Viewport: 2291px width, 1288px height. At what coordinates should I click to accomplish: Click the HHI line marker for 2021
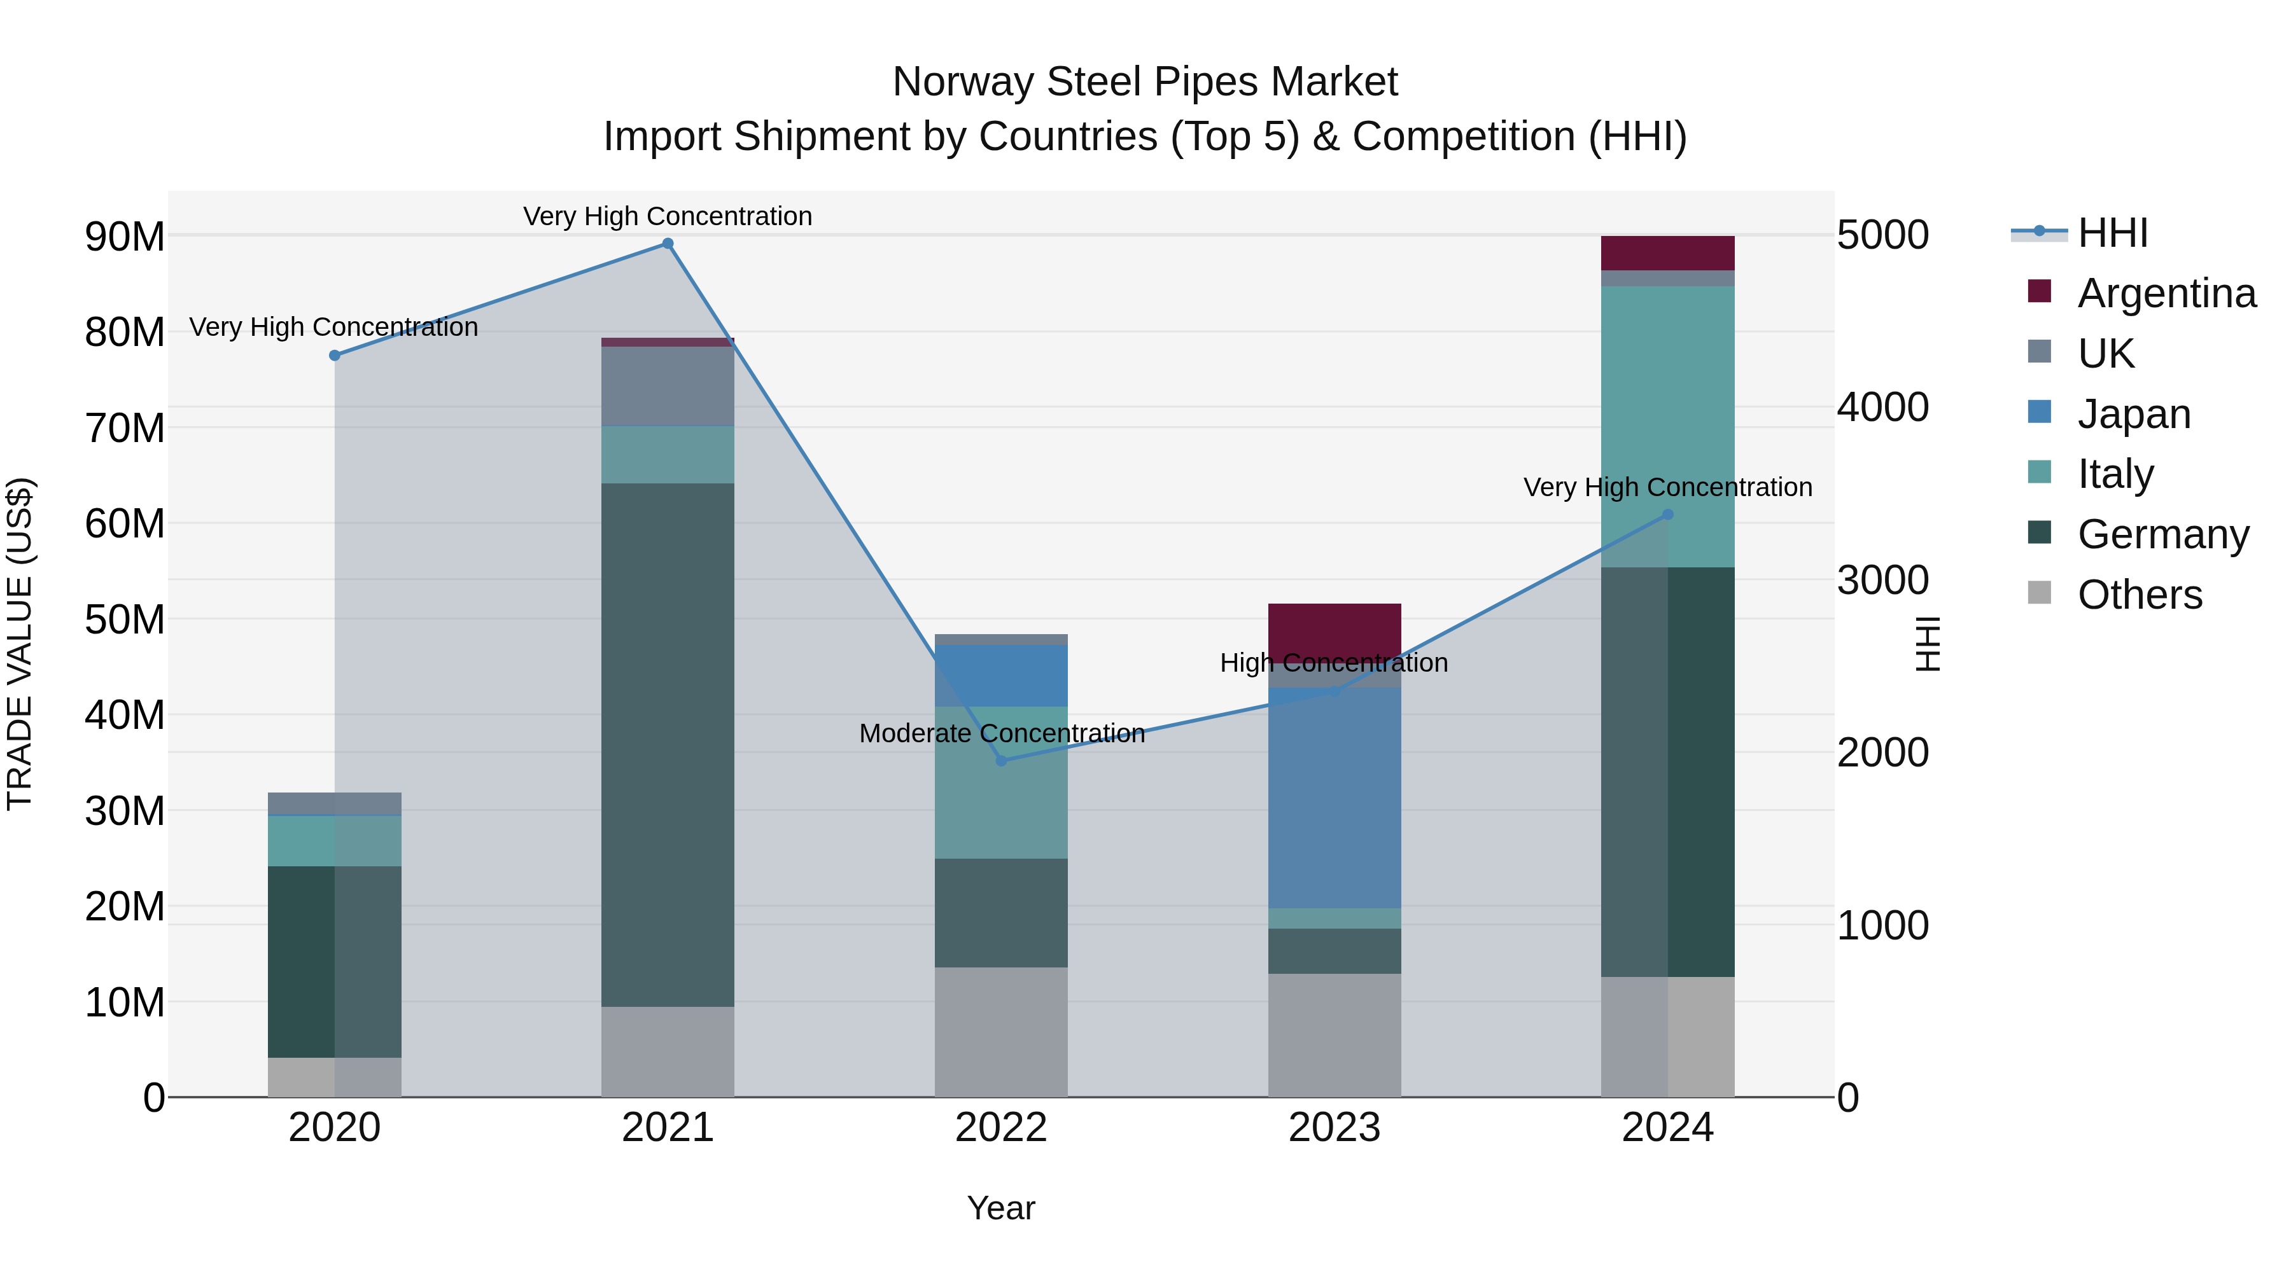pyautogui.click(x=668, y=244)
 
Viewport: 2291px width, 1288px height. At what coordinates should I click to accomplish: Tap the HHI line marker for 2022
pyautogui.click(x=1002, y=761)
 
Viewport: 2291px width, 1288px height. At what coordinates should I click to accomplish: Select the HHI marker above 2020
pyautogui.click(x=334, y=356)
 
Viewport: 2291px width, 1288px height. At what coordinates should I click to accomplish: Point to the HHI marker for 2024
pyautogui.click(x=1667, y=515)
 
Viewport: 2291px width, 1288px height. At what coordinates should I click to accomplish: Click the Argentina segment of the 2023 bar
pyautogui.click(x=1334, y=631)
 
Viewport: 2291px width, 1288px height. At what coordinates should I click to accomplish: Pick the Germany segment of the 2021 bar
pyautogui.click(x=668, y=745)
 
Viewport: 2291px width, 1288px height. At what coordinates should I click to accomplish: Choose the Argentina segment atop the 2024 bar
pyautogui.click(x=1667, y=253)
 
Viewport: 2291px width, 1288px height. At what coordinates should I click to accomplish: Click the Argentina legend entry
pyautogui.click(x=2166, y=293)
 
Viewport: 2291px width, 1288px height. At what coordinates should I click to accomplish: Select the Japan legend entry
pyautogui.click(x=2133, y=414)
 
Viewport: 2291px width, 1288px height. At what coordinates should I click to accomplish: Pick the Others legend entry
pyautogui.click(x=2139, y=595)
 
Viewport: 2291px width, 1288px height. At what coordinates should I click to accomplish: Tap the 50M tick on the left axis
pyautogui.click(x=125, y=620)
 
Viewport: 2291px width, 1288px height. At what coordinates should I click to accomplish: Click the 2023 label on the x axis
pyautogui.click(x=1334, y=1128)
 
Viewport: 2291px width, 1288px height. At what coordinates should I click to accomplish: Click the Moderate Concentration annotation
pyautogui.click(x=1002, y=733)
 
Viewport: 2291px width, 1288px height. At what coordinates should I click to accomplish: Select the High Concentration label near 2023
pyautogui.click(x=1333, y=663)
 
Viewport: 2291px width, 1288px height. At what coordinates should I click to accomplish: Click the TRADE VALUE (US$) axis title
pyautogui.click(x=20, y=644)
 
